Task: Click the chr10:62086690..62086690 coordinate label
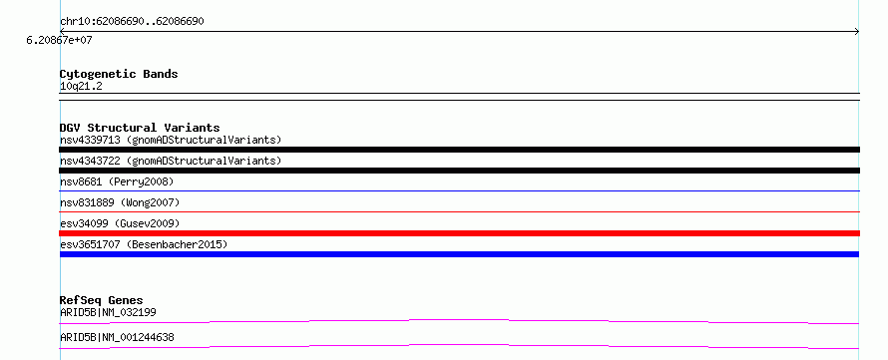pos(132,22)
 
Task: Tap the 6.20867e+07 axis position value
pos(60,41)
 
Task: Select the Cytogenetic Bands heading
pos(119,74)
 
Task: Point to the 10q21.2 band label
pos(81,87)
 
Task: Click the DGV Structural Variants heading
pos(140,128)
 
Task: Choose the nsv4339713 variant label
pos(171,140)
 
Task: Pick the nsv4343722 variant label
pos(171,161)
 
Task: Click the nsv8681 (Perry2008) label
pos(117,181)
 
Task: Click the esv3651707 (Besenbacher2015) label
pos(144,244)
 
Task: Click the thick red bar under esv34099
pos(459,233)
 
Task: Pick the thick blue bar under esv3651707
pos(459,254)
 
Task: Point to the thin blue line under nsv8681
pos(459,191)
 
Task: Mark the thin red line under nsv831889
pos(459,212)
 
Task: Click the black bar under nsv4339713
pos(459,150)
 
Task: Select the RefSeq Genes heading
pos(102,300)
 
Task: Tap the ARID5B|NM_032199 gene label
pos(108,312)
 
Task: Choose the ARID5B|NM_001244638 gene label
pos(117,338)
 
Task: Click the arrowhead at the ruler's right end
pos(857,32)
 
